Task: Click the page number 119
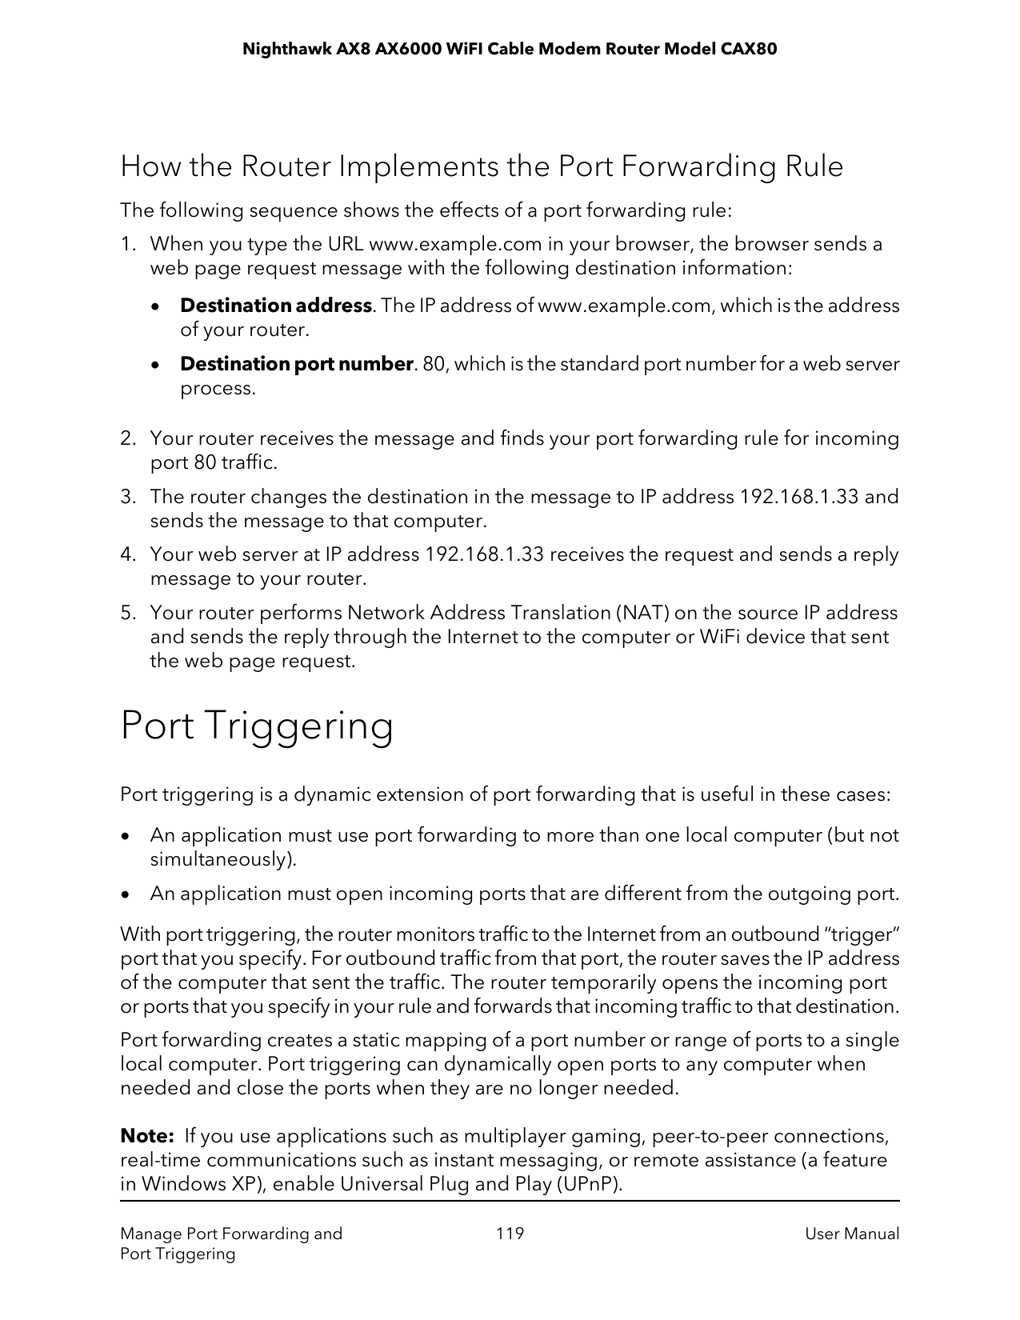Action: pos(510,1233)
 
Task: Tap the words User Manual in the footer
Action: pos(852,1234)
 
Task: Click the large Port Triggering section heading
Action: pos(256,726)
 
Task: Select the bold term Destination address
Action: pos(275,306)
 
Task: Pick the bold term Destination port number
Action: pos(296,364)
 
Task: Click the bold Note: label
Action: pos(147,1136)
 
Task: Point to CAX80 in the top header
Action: pos(749,50)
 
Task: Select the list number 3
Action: pos(128,497)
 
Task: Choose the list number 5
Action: pos(128,613)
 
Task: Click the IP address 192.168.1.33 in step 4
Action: pos(483,554)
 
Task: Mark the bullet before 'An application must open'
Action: pos(126,894)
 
